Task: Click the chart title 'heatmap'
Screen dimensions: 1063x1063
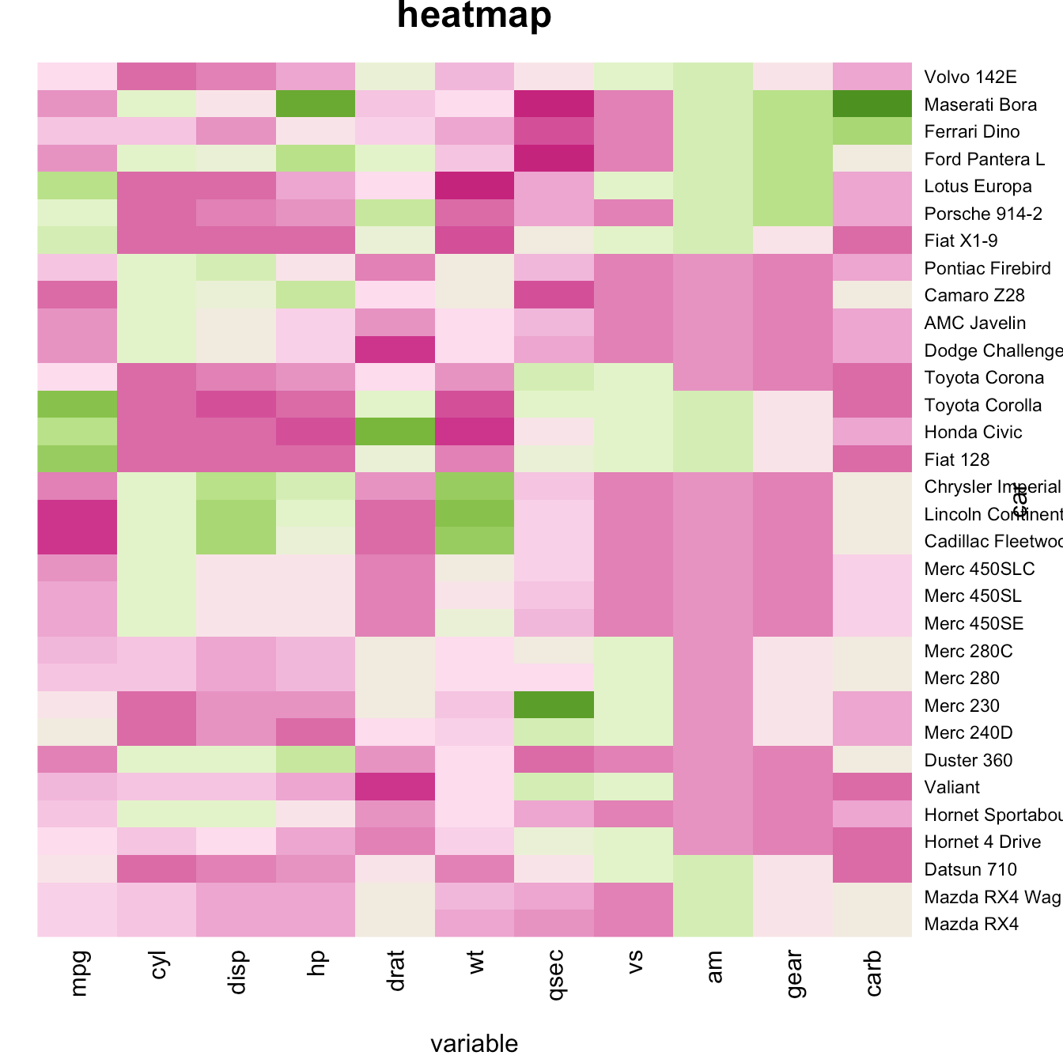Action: click(x=474, y=16)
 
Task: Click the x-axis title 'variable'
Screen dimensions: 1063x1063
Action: click(x=474, y=1043)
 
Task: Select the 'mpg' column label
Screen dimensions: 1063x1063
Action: click(x=78, y=973)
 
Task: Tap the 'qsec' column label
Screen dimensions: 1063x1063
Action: click(x=555, y=974)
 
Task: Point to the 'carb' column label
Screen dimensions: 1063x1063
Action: click(x=873, y=973)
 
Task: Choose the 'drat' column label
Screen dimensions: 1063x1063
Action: click(x=396, y=973)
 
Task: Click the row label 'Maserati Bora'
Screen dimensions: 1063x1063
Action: click(x=980, y=104)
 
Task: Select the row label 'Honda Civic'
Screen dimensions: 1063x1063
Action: click(x=973, y=432)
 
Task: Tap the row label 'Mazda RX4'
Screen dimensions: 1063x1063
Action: click(x=971, y=924)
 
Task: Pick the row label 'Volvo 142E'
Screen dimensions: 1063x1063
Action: click(x=970, y=77)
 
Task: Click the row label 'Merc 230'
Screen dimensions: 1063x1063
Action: click(x=962, y=706)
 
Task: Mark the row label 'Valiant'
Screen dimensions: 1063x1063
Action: click(x=951, y=787)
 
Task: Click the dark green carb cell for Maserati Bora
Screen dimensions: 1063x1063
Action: click(x=872, y=104)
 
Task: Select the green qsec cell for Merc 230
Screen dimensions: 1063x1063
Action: click(x=554, y=706)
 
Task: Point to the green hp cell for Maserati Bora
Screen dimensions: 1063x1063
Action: click(x=316, y=104)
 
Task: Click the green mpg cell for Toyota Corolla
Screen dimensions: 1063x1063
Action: click(x=78, y=405)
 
